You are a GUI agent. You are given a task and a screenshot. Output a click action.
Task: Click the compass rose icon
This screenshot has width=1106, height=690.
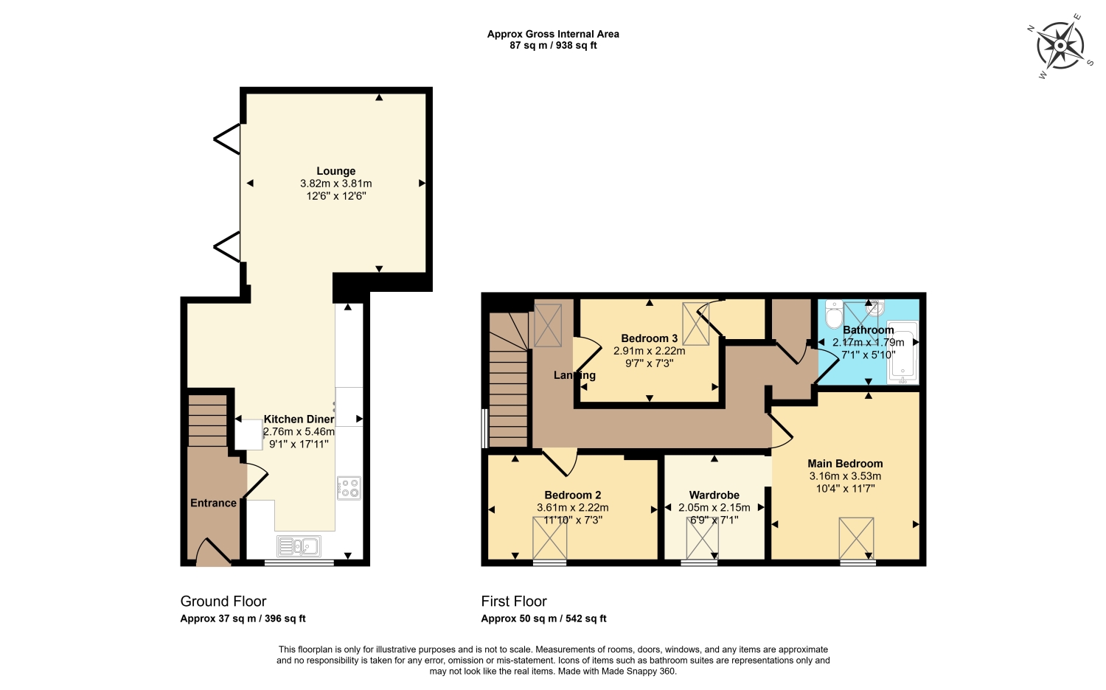pyautogui.click(x=1060, y=46)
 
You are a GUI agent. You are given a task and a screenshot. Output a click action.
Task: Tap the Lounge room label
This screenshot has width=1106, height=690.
pyautogui.click(x=335, y=171)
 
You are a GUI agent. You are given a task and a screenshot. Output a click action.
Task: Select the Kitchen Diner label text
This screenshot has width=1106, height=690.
pyautogui.click(x=299, y=419)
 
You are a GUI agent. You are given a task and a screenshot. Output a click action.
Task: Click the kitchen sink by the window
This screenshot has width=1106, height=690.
pyautogui.click(x=299, y=546)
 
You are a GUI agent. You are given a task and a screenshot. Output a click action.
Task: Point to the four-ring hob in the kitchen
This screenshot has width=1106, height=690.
pyautogui.click(x=349, y=488)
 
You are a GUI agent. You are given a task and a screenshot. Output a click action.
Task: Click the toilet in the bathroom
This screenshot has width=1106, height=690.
pyautogui.click(x=834, y=314)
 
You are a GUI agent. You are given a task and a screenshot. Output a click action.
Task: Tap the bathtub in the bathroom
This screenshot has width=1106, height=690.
pyautogui.click(x=902, y=352)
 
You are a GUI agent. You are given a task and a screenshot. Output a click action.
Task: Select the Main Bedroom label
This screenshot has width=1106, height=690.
pyautogui.click(x=845, y=464)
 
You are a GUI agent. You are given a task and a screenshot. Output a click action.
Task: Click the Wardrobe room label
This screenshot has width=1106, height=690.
pyautogui.click(x=714, y=495)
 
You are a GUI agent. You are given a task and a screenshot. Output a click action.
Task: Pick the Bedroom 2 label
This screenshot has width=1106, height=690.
pyautogui.click(x=573, y=495)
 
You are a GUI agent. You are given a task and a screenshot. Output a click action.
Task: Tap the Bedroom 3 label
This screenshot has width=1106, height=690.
pyautogui.click(x=650, y=338)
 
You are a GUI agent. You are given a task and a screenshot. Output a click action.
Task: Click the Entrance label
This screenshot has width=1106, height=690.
pyautogui.click(x=213, y=503)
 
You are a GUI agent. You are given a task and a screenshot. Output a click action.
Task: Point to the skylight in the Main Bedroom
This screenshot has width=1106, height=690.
pyautogui.click(x=857, y=538)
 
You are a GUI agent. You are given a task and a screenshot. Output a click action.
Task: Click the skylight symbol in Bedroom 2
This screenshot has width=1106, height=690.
pyautogui.click(x=549, y=538)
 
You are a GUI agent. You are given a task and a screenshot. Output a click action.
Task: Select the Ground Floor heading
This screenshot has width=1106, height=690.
pyautogui.click(x=223, y=601)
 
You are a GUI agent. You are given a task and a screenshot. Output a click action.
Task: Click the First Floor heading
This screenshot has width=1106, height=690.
pyautogui.click(x=514, y=601)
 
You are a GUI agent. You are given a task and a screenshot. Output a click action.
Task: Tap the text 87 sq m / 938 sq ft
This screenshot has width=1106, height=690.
pyautogui.click(x=553, y=46)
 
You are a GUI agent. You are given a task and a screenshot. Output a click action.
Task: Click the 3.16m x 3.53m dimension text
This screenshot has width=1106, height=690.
pyautogui.click(x=845, y=476)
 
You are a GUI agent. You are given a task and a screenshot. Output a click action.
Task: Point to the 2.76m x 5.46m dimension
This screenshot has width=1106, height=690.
pyautogui.click(x=299, y=432)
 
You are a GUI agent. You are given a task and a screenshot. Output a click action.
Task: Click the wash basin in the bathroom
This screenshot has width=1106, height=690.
pyautogui.click(x=875, y=308)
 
